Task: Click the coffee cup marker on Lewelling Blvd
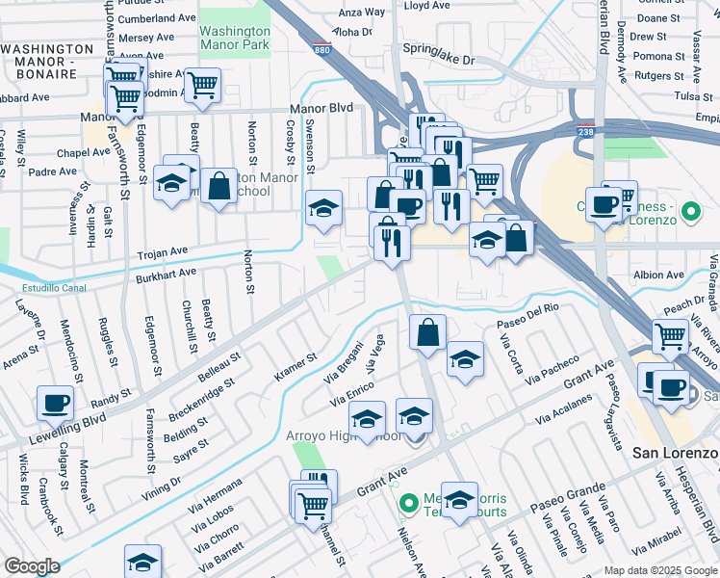coord(55,403)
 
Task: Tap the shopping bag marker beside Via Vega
coord(427,332)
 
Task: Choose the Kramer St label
coord(296,367)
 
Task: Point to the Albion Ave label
coord(658,275)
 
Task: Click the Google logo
coord(32,566)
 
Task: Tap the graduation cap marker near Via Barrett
coord(142,563)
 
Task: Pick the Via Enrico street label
coord(353,389)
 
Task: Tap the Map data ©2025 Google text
coord(659,569)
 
